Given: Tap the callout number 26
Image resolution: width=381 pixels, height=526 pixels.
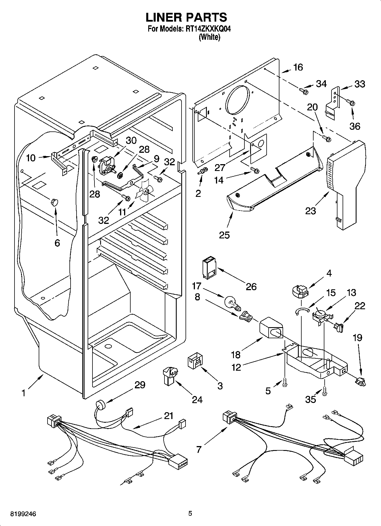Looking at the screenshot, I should pos(251,286).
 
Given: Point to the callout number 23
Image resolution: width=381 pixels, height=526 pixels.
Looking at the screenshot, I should pos(310,211).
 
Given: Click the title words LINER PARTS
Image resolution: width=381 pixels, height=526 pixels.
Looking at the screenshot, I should pos(186,17).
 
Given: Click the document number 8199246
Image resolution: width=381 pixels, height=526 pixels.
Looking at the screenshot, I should pos(23,514).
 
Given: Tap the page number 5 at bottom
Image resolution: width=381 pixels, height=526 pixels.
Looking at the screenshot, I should pos(190,513).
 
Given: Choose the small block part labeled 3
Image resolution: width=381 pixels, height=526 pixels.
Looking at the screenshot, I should pos(195,360).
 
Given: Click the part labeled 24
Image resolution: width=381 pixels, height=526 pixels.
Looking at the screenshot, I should pos(170,376).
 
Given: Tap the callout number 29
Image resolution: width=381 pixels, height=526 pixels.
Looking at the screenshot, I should pos(140,385).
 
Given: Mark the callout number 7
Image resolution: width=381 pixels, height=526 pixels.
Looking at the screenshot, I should pos(199,449).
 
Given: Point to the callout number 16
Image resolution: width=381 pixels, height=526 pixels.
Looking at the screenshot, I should pos(298,67).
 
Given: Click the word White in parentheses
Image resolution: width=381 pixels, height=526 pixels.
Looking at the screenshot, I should pos(210,37).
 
